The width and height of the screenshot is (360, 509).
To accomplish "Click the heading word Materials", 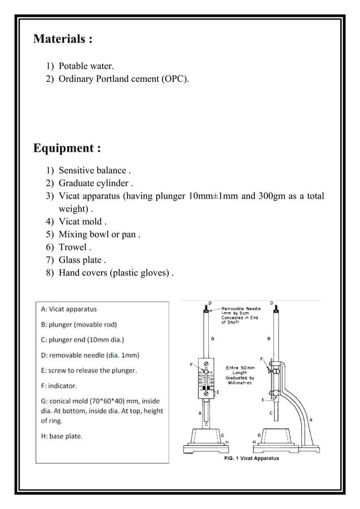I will [58, 40].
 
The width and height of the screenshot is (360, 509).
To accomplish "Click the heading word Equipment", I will [63, 148].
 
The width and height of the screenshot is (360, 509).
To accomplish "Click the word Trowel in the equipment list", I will [73, 247].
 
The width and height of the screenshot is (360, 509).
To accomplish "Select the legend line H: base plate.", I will [62, 436].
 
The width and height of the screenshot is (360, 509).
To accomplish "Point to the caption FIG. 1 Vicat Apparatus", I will [249, 459].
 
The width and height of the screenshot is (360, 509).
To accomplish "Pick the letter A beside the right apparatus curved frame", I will [311, 420].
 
